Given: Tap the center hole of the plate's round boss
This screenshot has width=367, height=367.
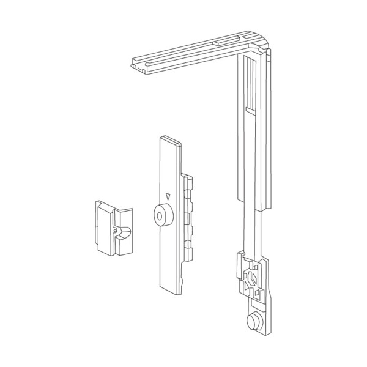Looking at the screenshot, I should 161,216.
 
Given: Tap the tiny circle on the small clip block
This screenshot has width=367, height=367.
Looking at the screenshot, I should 114,230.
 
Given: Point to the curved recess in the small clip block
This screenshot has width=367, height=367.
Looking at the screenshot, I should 124,233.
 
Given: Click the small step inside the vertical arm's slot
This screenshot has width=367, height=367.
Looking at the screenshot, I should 251,109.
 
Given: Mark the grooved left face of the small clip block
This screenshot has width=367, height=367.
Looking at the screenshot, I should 98,226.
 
